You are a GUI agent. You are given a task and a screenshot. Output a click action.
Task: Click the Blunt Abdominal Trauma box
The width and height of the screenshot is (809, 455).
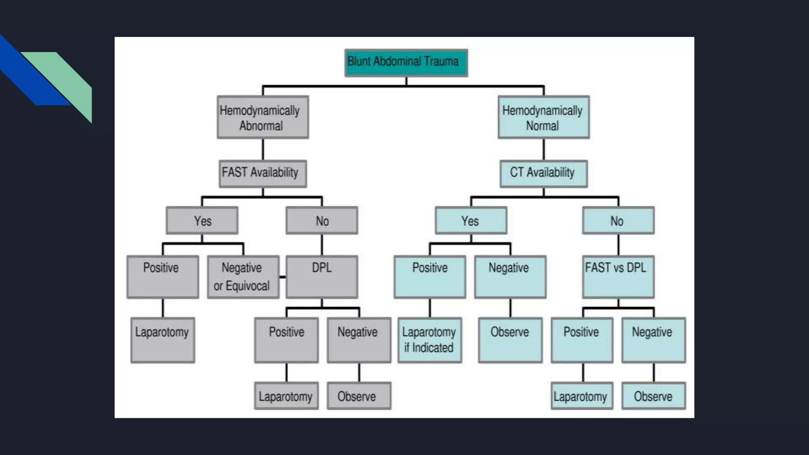click(x=406, y=63)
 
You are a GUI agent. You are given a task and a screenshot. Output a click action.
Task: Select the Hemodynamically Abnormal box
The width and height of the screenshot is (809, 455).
click(x=263, y=117)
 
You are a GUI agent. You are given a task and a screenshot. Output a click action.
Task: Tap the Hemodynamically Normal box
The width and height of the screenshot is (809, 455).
click(x=544, y=117)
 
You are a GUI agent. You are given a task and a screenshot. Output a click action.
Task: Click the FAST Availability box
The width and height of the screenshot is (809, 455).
click(x=263, y=173)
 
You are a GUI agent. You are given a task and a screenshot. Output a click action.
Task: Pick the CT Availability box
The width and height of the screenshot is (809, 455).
click(x=544, y=173)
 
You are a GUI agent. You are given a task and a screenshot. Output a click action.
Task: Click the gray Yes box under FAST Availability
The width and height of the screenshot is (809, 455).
click(x=202, y=220)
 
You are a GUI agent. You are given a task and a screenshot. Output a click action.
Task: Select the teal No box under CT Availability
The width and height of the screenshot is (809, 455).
click(x=618, y=220)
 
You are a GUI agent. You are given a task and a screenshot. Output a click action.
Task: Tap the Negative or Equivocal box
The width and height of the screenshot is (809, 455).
click(x=243, y=277)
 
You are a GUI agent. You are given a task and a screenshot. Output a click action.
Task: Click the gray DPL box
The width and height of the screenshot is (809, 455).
click(x=322, y=277)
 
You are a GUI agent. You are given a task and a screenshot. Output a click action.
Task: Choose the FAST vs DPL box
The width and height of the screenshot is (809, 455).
click(x=618, y=277)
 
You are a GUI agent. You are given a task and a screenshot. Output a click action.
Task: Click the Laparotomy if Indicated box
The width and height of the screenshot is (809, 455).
click(x=430, y=340)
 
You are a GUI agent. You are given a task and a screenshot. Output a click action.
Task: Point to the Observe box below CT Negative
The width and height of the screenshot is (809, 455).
click(x=510, y=340)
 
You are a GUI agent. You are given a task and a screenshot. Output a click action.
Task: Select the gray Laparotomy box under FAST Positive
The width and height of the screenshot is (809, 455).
click(x=163, y=340)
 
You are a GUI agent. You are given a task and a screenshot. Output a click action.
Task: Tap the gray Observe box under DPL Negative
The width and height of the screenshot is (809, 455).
click(x=359, y=396)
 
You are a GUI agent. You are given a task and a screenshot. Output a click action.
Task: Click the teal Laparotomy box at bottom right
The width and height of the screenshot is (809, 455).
click(x=582, y=396)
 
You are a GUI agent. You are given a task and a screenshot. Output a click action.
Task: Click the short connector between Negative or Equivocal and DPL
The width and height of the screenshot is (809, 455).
click(x=283, y=277)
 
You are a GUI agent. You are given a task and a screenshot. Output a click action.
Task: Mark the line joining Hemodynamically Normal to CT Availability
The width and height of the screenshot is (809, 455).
click(x=544, y=149)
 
